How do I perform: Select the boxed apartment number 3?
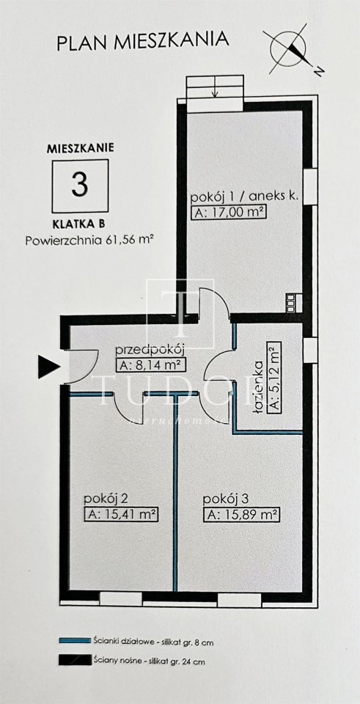(80, 185)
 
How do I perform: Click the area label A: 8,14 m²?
(150, 365)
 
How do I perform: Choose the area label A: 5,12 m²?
(273, 378)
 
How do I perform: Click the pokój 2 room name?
(107, 499)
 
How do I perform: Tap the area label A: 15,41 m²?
(122, 515)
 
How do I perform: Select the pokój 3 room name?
(226, 499)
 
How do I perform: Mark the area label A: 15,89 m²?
(241, 515)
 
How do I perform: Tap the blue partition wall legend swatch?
(75, 641)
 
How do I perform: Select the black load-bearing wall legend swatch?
(75, 661)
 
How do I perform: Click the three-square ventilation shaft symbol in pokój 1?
(291, 302)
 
